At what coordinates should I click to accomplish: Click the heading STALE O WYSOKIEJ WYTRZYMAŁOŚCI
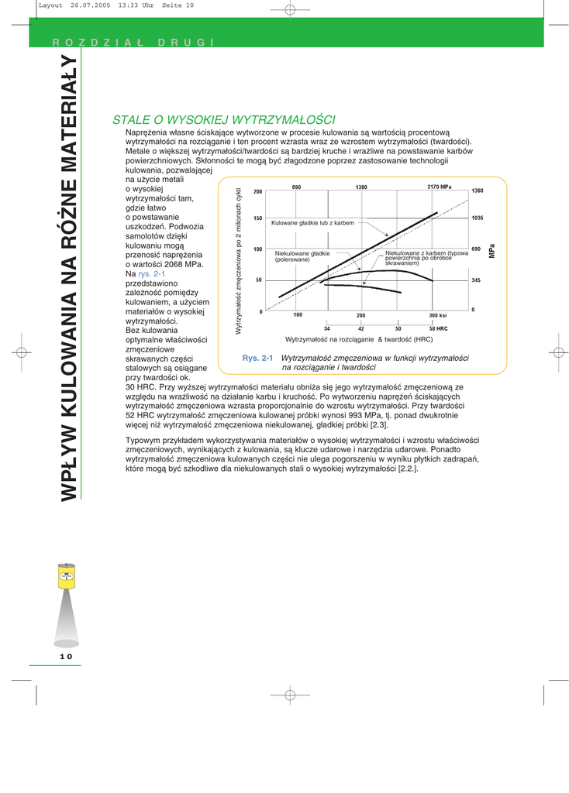coord(224,120)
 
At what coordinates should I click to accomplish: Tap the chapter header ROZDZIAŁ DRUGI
coord(133,42)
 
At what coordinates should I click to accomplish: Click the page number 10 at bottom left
coord(66,657)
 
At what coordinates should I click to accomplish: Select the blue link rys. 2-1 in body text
coord(151,273)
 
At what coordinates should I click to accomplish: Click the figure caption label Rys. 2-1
coord(258,358)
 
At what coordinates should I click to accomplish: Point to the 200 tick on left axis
coord(257,191)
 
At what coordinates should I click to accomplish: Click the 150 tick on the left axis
coord(257,218)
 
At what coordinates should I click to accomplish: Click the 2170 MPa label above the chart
coord(439,187)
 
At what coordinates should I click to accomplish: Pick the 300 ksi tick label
coord(437,316)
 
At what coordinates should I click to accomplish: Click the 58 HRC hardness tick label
coord(439,329)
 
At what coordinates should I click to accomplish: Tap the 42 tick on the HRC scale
coord(361,329)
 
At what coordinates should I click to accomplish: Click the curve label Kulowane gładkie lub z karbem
coord(312,223)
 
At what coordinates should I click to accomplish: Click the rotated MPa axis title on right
coord(491,251)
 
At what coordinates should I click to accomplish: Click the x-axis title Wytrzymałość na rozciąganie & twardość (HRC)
coord(359,340)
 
